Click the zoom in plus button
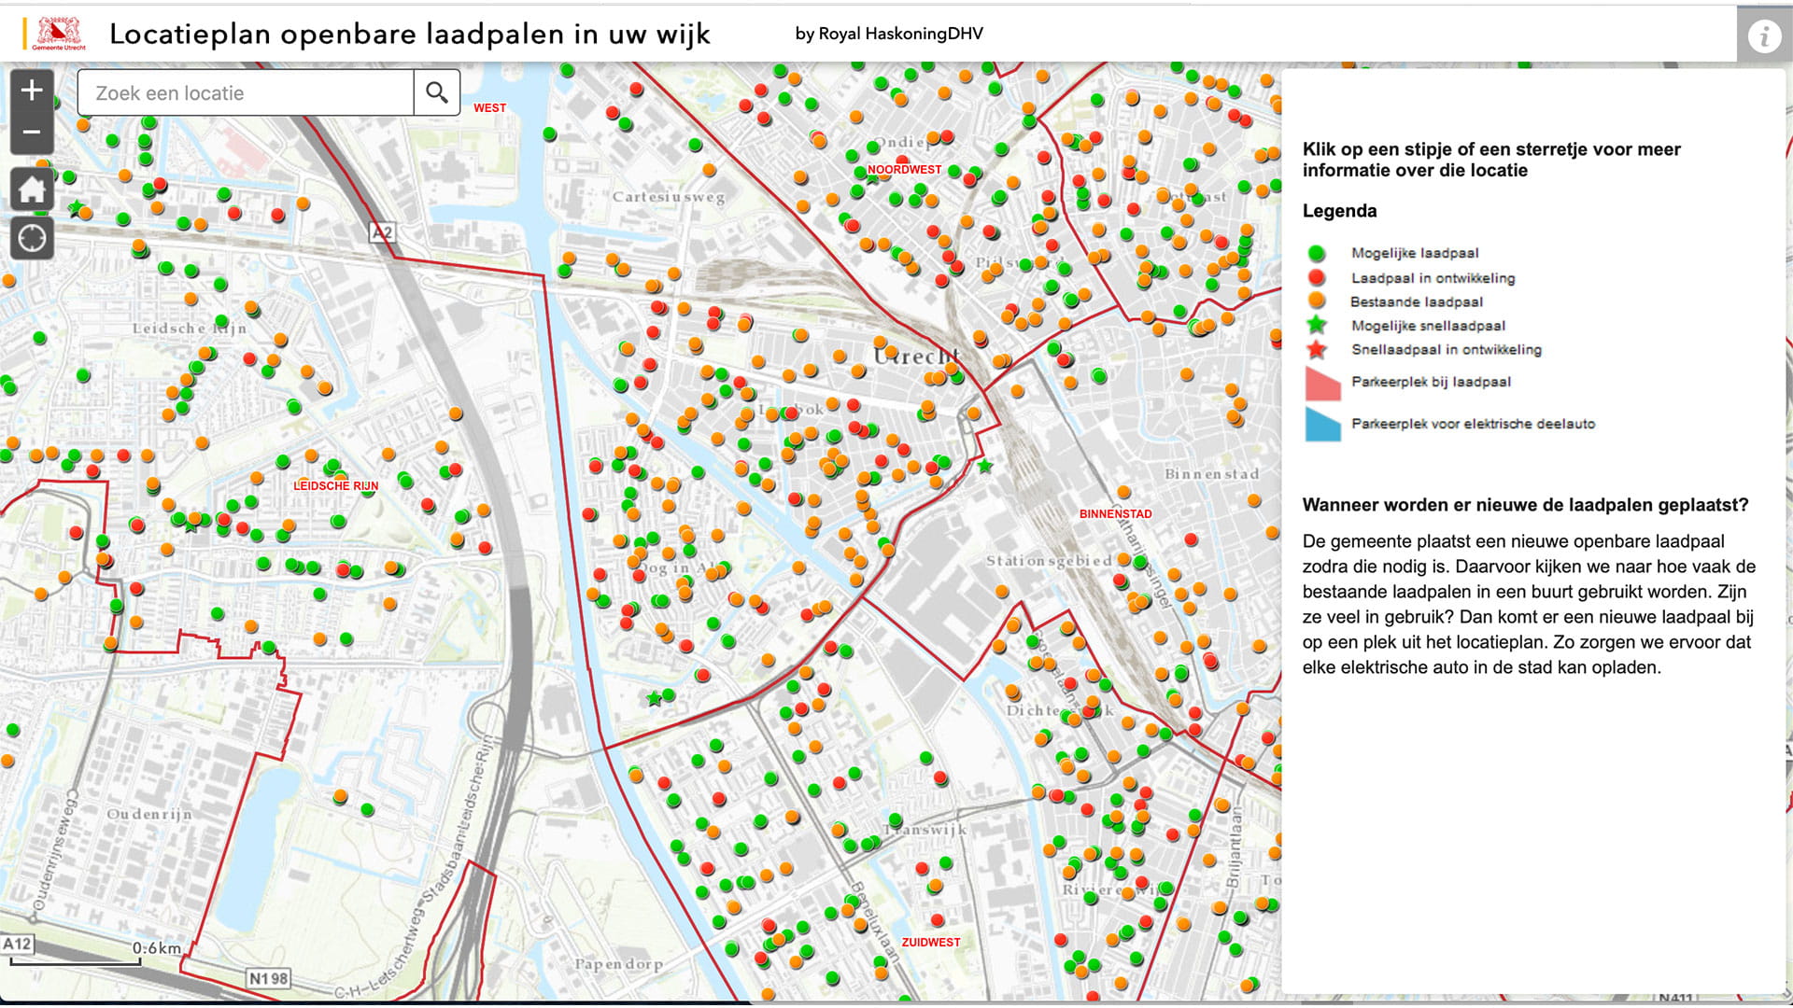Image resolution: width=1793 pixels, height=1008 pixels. click(32, 91)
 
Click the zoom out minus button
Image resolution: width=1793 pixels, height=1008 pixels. click(32, 133)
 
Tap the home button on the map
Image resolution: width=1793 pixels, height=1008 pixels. click(32, 189)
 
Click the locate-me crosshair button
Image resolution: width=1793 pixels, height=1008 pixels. click(32, 239)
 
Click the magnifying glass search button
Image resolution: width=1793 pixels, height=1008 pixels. click(436, 92)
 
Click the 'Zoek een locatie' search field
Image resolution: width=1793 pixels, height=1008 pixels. click(246, 93)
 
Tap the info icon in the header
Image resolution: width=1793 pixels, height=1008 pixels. click(1764, 36)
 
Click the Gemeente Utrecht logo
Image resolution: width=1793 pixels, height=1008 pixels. click(58, 34)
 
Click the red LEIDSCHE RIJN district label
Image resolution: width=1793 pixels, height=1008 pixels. click(336, 486)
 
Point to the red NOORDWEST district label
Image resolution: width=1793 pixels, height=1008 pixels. click(904, 170)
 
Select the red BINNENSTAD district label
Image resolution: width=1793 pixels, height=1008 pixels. click(1115, 514)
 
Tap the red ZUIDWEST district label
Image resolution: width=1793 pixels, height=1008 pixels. click(930, 943)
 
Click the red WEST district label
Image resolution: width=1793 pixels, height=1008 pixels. click(489, 108)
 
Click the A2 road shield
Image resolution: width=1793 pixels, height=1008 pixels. click(383, 232)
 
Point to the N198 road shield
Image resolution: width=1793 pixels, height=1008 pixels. click(268, 978)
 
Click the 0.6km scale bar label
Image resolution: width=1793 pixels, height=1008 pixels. click(157, 948)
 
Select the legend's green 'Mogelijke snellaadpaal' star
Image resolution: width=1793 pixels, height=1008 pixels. click(1317, 326)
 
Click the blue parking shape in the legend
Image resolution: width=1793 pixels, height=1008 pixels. click(1321, 424)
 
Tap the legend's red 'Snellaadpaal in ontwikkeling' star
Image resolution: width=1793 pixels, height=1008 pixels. click(1317, 350)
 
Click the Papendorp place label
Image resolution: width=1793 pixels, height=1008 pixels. click(618, 964)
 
